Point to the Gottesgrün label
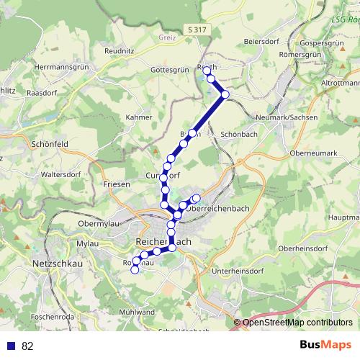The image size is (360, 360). (x=169, y=71)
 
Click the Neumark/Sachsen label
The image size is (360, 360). (x=287, y=117)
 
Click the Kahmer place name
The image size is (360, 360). (x=138, y=117)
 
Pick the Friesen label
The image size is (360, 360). (x=117, y=185)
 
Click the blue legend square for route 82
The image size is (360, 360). (x=11, y=346)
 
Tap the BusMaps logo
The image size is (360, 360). (x=325, y=345)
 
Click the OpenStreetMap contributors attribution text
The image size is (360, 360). (x=297, y=323)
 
